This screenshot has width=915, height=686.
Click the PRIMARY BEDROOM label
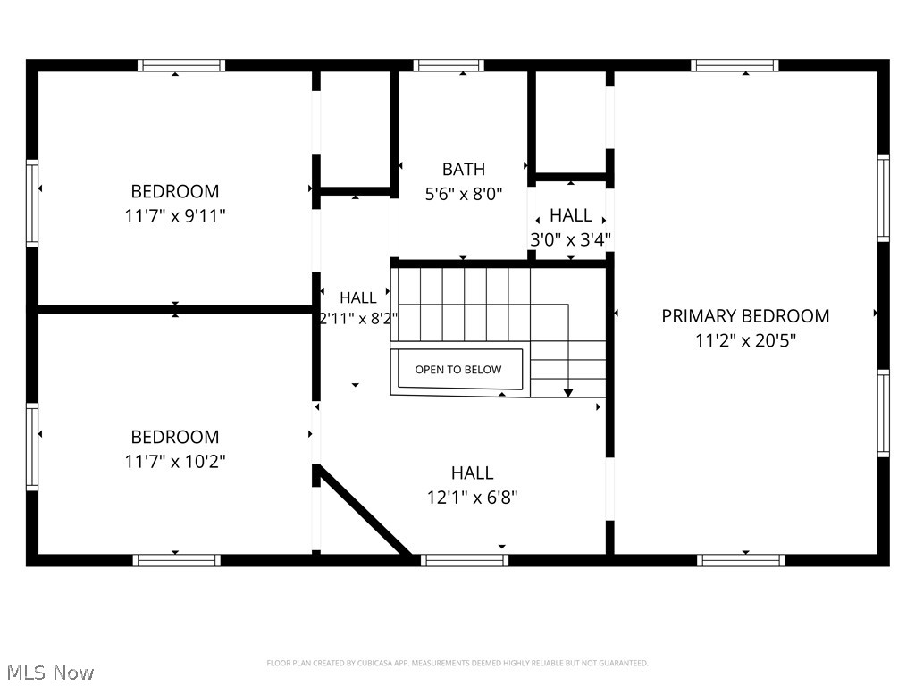(745, 316)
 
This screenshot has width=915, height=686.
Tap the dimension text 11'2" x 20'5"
(745, 340)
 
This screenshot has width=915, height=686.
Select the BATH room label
(464, 169)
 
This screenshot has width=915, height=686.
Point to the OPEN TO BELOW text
(457, 370)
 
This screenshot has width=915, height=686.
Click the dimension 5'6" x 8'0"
(464, 193)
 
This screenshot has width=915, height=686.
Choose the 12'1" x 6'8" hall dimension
(472, 498)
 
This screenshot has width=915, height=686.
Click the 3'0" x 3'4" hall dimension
(570, 239)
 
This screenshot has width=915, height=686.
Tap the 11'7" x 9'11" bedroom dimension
(175, 215)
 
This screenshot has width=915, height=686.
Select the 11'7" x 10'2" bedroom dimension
(175, 461)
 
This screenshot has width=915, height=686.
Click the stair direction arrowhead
(567, 391)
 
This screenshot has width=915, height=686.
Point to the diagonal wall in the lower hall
(365, 513)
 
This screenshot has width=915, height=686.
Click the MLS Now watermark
(50, 672)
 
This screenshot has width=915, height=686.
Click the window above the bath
(449, 65)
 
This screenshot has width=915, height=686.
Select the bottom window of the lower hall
(464, 560)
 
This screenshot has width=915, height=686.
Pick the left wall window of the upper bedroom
(32, 203)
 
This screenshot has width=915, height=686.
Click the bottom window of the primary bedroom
(741, 560)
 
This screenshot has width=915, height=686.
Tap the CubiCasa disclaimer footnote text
(457, 663)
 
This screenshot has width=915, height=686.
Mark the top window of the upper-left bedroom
(181, 65)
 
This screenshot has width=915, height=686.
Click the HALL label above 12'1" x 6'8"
(472, 473)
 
